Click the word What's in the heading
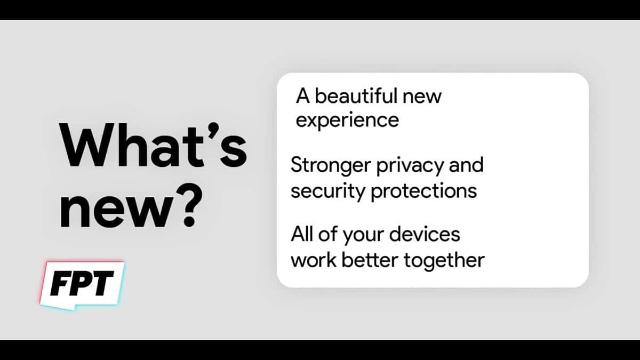153,145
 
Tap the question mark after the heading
189,206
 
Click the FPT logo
82,285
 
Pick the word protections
423,191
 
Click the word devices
425,234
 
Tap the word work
314,260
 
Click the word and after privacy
466,165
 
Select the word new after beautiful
422,98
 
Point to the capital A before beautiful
303,96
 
